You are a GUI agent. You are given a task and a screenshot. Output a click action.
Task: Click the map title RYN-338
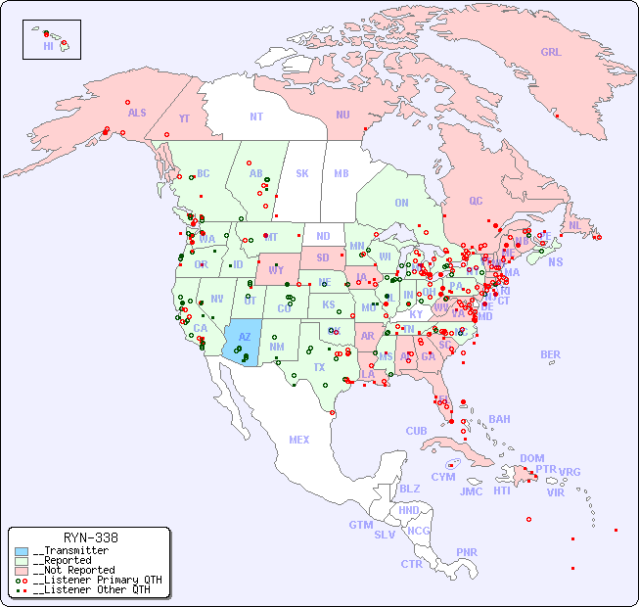(90, 537)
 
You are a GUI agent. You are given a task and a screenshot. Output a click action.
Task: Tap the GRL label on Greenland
(551, 53)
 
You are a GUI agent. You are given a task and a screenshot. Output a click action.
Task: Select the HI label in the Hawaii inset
(48, 45)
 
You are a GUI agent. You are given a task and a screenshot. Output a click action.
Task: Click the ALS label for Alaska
(137, 113)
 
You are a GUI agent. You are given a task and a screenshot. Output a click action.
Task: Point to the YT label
(184, 118)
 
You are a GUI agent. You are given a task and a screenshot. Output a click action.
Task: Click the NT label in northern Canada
(255, 117)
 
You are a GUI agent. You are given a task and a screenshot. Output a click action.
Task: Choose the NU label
(342, 115)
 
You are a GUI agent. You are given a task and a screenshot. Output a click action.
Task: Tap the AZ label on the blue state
(245, 337)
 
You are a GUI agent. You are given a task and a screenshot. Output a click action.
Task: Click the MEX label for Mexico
(299, 440)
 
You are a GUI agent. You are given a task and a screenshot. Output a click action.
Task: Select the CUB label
(416, 431)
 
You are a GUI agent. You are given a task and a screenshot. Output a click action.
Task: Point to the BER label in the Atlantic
(551, 354)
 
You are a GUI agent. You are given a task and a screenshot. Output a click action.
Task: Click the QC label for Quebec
(476, 201)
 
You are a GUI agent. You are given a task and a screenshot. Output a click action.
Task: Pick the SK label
(302, 173)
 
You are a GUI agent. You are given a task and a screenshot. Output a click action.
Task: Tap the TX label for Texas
(319, 367)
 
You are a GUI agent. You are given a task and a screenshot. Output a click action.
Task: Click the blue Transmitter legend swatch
(22, 551)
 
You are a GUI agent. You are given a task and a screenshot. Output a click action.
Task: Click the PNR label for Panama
(467, 552)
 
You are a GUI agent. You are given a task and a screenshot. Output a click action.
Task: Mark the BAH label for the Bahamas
(499, 419)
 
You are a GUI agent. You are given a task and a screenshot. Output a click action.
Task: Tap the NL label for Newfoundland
(574, 225)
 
